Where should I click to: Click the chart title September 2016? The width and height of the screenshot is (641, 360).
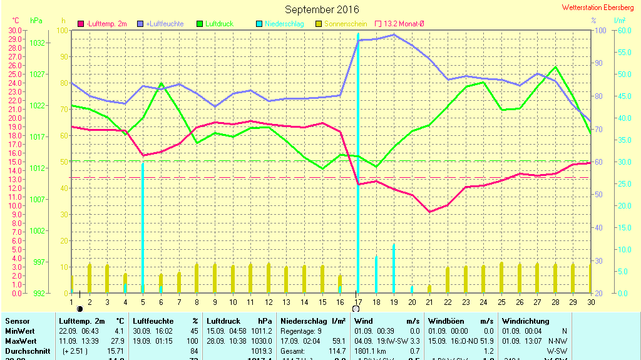[x=322, y=9]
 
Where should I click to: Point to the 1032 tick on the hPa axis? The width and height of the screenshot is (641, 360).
[x=37, y=43]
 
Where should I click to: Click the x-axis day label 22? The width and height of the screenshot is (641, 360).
[x=448, y=302]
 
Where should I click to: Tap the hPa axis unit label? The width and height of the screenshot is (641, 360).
[x=36, y=21]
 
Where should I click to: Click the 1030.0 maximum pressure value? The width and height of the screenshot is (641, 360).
[x=260, y=341]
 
